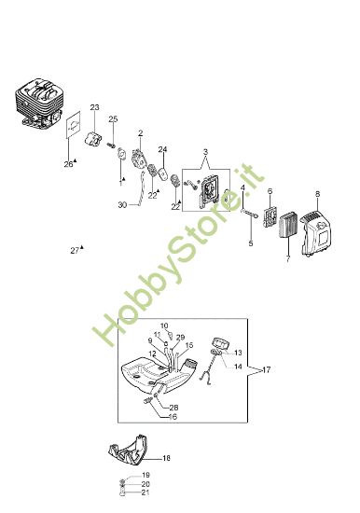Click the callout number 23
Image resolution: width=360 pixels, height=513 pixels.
click(x=94, y=107)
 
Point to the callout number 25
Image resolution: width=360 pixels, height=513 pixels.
click(x=113, y=118)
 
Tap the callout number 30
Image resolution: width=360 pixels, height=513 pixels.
click(x=122, y=205)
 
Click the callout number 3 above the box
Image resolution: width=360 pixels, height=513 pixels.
click(x=205, y=152)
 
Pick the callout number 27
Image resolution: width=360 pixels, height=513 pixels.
click(x=75, y=251)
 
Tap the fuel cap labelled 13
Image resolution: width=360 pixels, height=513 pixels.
click(x=221, y=343)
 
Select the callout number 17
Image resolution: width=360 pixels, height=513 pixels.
click(x=267, y=369)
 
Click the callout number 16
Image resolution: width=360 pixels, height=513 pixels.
click(x=173, y=417)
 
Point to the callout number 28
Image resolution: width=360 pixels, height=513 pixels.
click(x=173, y=408)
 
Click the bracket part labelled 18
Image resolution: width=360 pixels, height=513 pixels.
click(x=128, y=451)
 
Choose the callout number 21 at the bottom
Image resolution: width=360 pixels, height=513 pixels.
click(x=145, y=492)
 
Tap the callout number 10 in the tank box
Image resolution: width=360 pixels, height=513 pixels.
click(x=164, y=326)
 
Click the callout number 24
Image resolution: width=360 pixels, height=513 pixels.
click(x=162, y=149)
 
